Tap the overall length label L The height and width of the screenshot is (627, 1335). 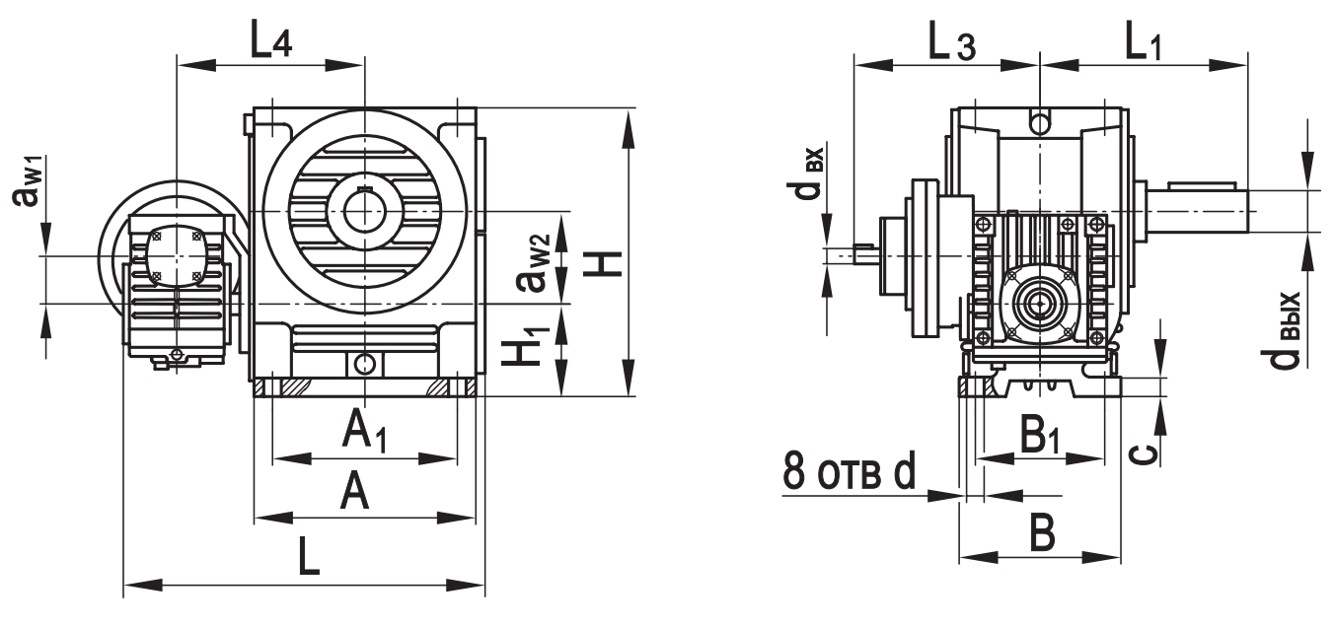click(310, 558)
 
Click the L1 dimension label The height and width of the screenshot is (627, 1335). click(1142, 41)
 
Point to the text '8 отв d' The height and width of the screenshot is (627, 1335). click(850, 472)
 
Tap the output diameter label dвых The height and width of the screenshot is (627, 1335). click(1286, 329)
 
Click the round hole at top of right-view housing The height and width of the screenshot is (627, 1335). click(1039, 123)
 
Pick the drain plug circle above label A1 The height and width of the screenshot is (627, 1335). click(365, 364)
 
